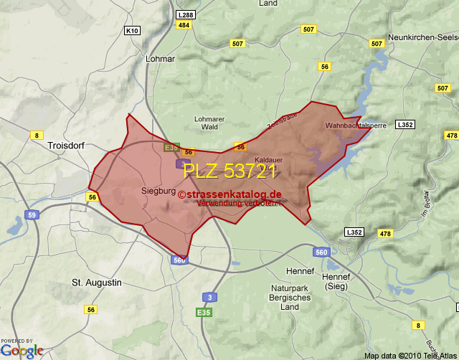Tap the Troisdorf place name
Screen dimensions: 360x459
coord(66,145)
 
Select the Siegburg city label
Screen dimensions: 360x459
coord(158,191)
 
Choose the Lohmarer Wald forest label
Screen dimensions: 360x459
coord(209,123)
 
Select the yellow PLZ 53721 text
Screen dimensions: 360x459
coord(230,171)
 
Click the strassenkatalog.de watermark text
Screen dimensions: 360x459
coord(231,194)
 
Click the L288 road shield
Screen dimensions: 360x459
coord(185,14)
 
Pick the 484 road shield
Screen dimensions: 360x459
coord(184,25)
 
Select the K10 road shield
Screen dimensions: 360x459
coord(132,30)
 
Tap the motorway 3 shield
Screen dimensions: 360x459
coord(209,297)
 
